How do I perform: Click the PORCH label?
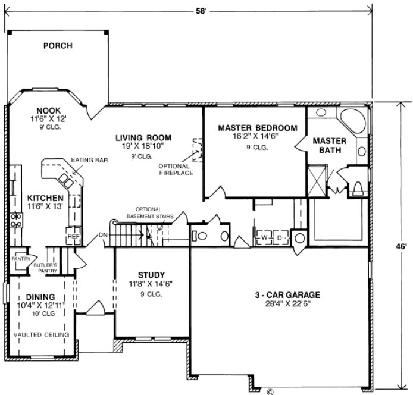point(58,45)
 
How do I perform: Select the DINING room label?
point(40,297)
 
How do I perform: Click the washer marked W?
point(263,237)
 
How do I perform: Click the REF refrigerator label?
point(73,236)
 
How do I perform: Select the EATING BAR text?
point(85,160)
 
